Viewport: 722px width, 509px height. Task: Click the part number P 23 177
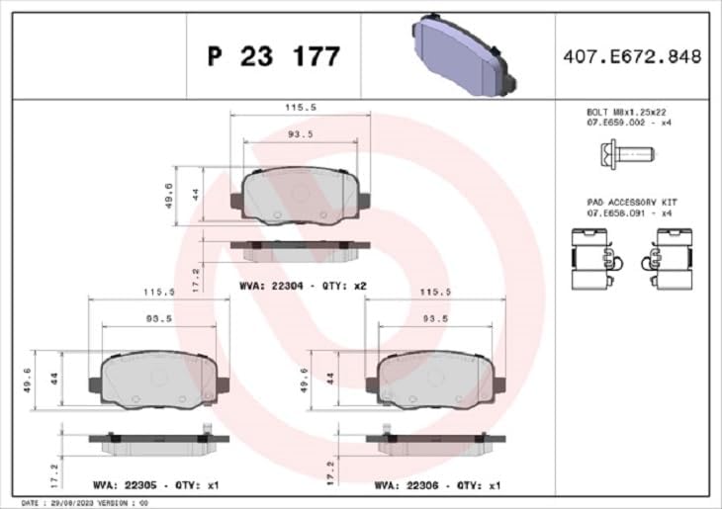tap(273, 56)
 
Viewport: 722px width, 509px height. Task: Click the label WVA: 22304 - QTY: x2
tap(303, 286)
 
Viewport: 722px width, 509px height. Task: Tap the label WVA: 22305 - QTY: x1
tap(156, 485)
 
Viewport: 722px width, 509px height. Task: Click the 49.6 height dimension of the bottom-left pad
tap(25, 378)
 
